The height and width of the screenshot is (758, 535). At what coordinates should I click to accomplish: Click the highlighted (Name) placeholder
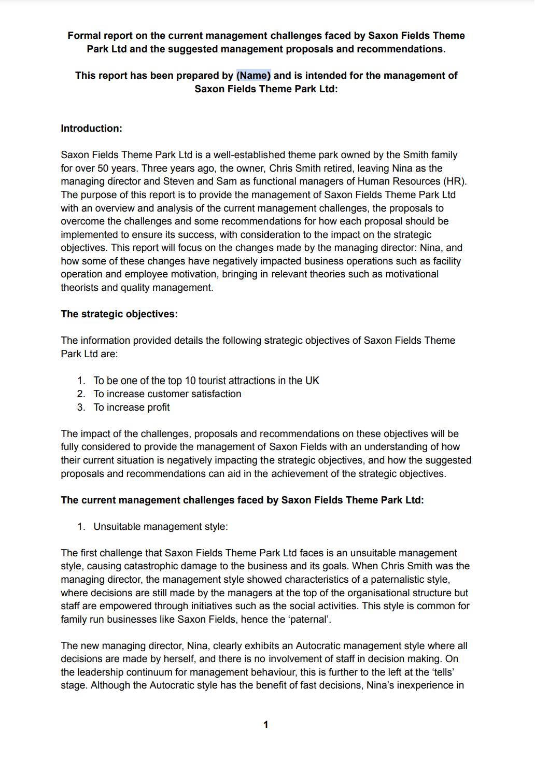coord(254,76)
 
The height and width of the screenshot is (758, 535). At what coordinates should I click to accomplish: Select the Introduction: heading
coord(91,129)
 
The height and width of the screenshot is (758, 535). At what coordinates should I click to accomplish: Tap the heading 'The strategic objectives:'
coord(119,314)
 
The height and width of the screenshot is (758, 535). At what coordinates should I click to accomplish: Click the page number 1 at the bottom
coord(266,725)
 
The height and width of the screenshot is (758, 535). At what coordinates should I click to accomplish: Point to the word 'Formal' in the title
coord(84,36)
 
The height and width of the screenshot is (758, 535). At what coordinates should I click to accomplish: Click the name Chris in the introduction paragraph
coord(281,169)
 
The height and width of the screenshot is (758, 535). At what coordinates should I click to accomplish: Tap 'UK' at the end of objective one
coord(312,381)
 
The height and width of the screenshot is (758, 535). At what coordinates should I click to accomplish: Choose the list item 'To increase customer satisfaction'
coord(167,394)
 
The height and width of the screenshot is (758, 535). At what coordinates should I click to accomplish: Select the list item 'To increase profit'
coord(132,408)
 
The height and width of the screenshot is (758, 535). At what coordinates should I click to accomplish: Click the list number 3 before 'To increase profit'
coord(81,408)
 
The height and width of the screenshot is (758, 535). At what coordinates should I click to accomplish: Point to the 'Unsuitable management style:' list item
coord(160,527)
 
